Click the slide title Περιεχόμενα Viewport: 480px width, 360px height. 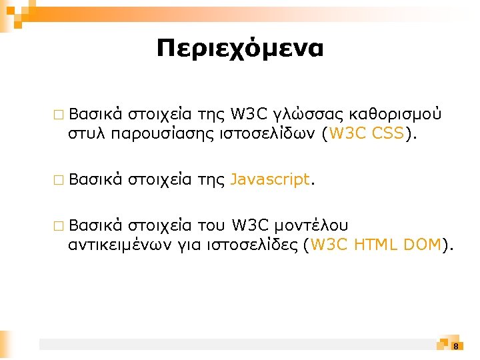[x=239, y=49]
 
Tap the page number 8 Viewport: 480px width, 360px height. [x=455, y=346]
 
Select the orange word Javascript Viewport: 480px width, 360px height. [x=270, y=179]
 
